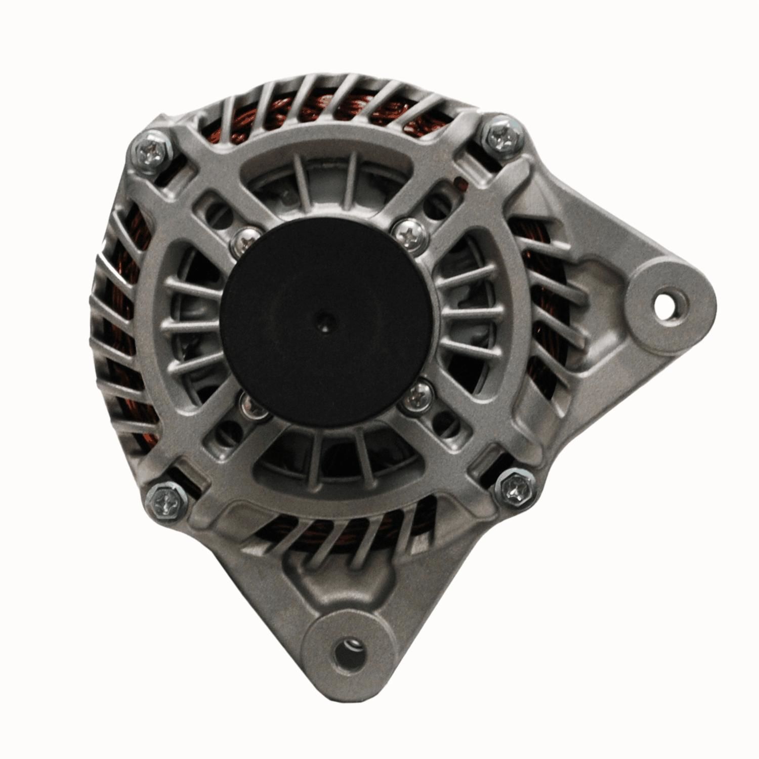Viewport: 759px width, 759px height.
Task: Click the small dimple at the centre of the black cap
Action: pos(323,319)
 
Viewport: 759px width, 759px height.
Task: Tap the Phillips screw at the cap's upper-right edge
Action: pos(409,233)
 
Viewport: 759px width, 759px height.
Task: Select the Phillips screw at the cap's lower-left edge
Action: pos(250,405)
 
